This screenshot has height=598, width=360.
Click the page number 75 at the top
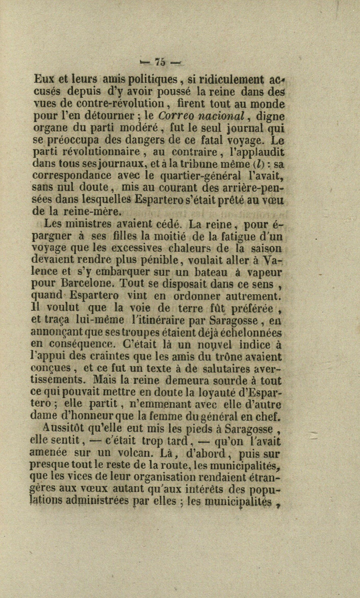[159, 62]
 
